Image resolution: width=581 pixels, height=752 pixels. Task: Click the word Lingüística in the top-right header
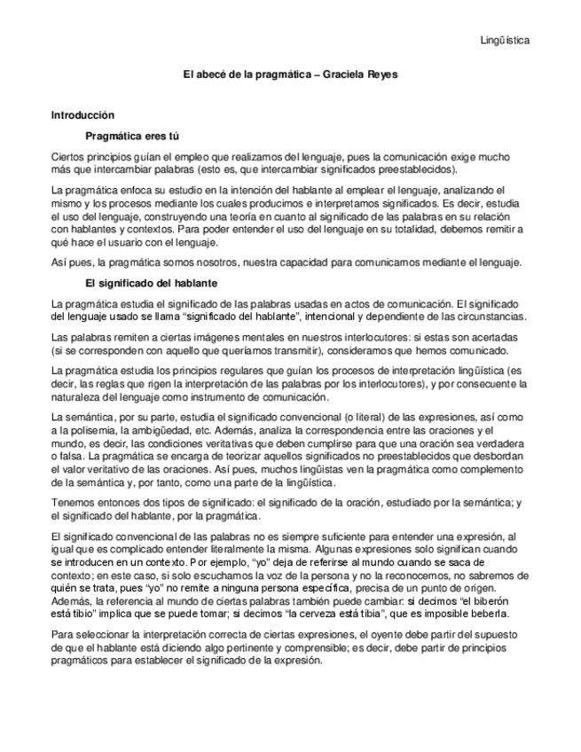506,40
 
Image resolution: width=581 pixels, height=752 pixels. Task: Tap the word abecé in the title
212,74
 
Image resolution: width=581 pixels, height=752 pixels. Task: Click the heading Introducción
82,115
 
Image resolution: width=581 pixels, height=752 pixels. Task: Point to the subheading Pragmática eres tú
132,137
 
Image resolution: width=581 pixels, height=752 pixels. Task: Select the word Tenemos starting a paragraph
75,503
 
